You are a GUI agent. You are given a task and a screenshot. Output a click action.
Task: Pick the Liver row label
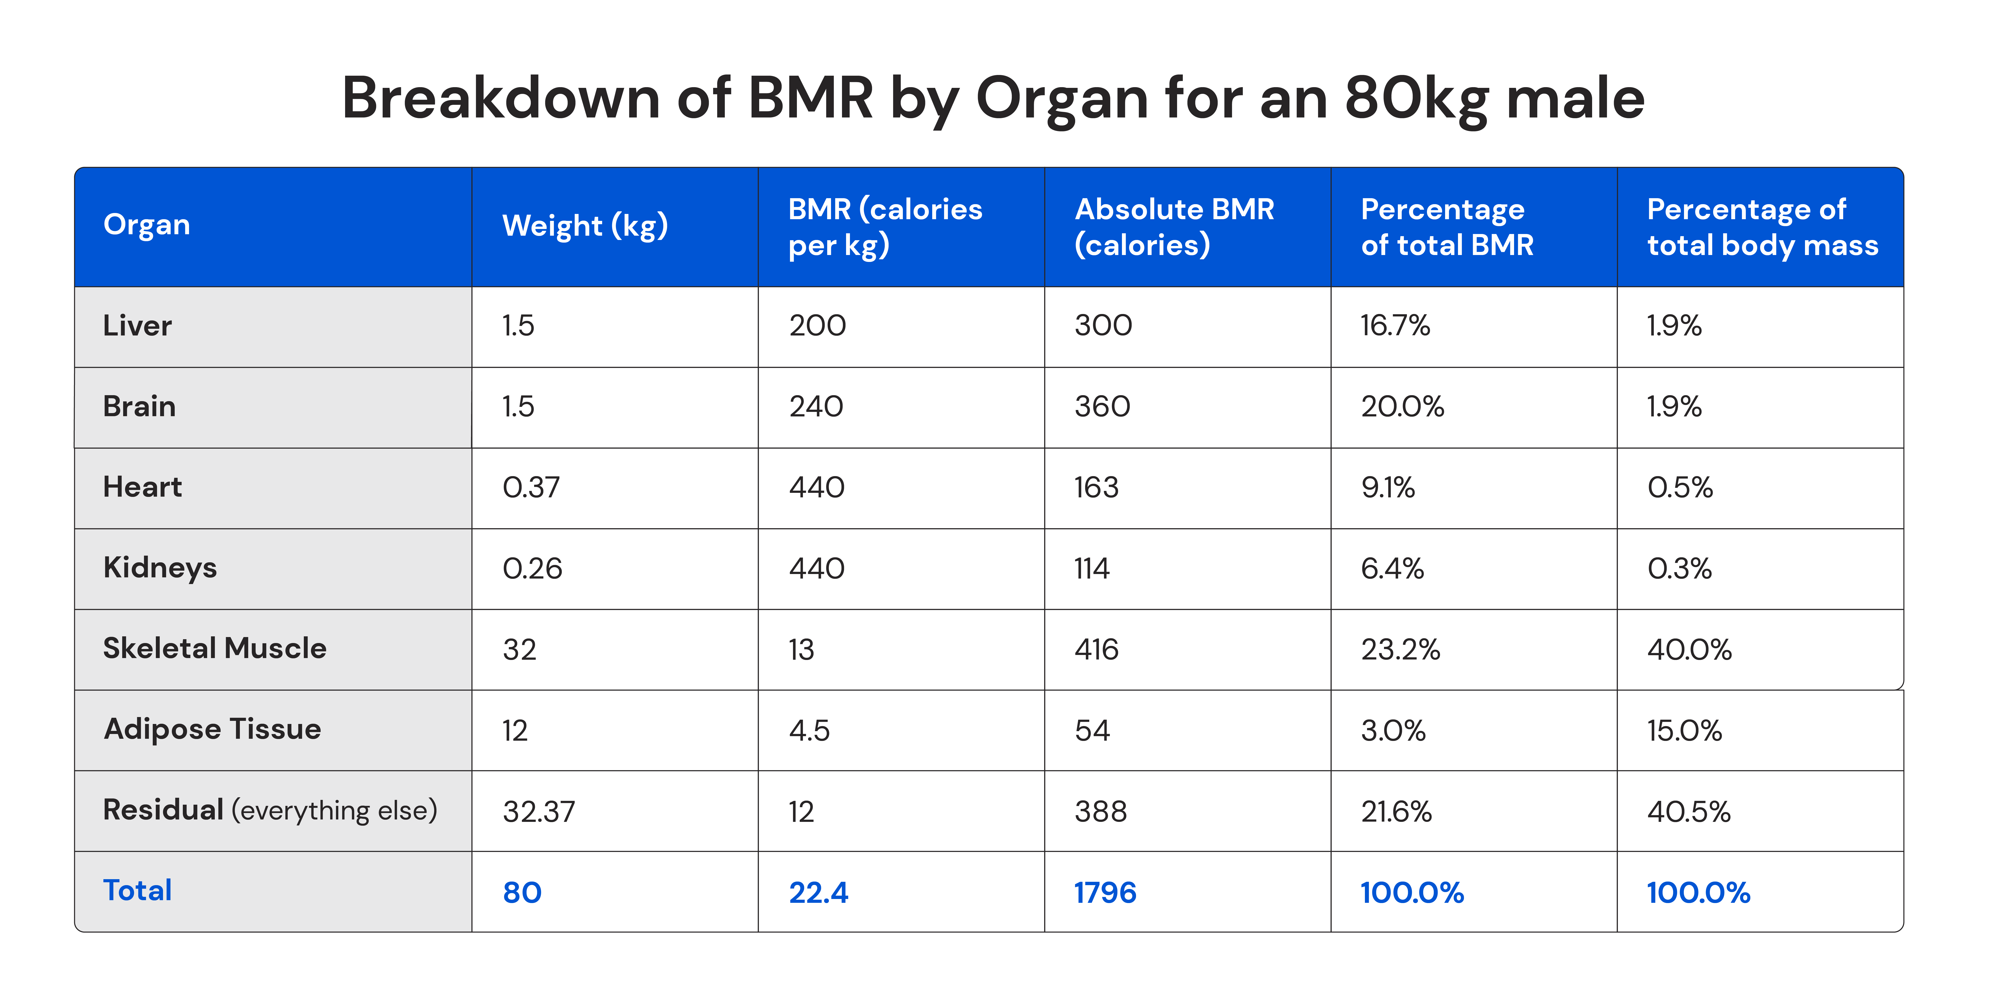coord(137,326)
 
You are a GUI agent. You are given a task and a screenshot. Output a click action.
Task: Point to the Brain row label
coord(139,406)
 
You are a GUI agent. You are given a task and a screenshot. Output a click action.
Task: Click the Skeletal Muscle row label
coord(215,648)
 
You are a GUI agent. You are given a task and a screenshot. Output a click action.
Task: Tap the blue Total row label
coord(137,891)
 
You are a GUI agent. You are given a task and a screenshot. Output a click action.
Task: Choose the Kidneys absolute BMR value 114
coord(1092,569)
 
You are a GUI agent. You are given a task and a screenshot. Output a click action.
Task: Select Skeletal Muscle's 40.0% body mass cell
coord(1689,650)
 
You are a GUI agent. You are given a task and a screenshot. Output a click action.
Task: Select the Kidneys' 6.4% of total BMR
coord(1392,569)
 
